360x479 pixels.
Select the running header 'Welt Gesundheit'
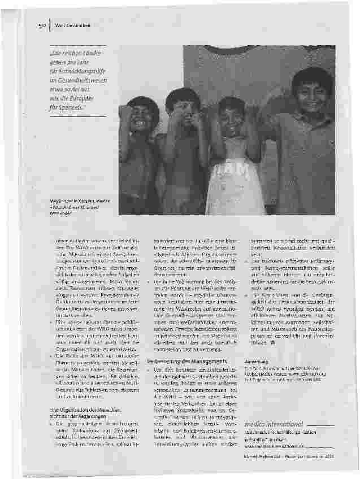[71, 24]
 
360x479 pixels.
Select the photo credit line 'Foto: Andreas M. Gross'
[64, 207]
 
